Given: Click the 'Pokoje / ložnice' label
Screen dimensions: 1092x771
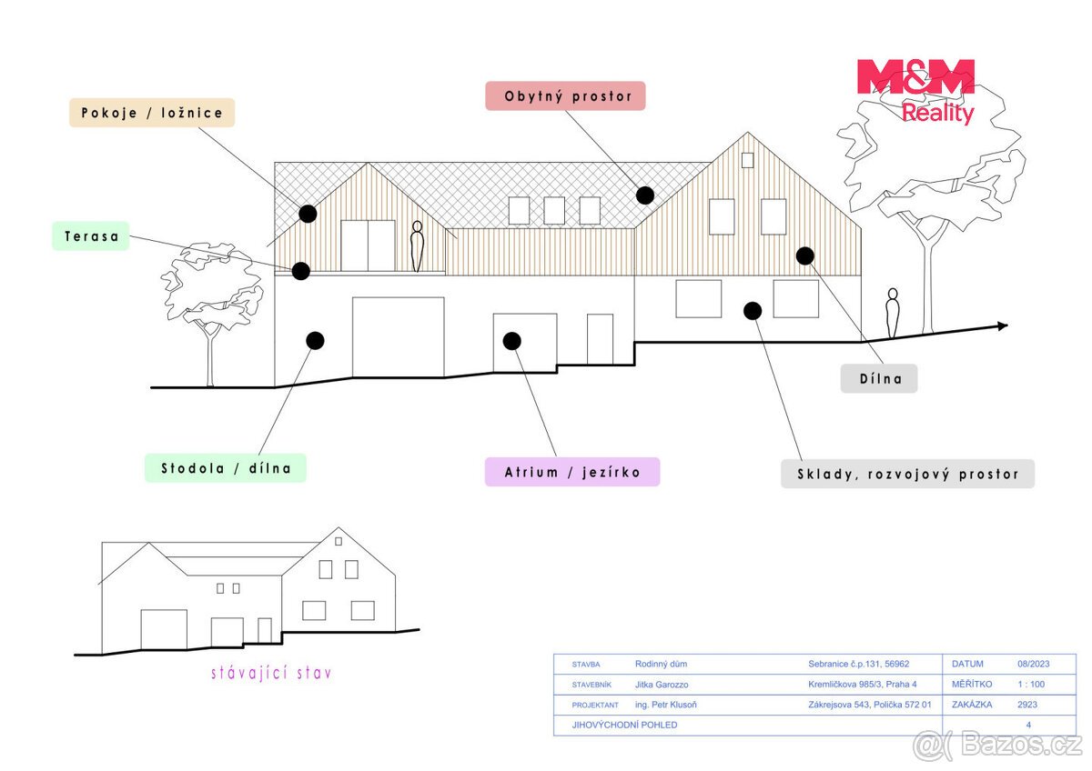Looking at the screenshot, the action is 152,113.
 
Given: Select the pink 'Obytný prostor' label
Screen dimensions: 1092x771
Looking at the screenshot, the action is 565,96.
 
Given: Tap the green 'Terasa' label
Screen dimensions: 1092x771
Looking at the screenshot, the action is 91,236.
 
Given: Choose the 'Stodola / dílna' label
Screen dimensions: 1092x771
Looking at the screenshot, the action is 226,468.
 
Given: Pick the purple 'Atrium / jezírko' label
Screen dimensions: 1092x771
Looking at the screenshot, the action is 572,472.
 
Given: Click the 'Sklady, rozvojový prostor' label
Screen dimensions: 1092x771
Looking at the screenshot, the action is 908,474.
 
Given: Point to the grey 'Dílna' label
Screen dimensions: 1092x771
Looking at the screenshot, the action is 879,378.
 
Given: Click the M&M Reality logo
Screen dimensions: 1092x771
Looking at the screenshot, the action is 916,92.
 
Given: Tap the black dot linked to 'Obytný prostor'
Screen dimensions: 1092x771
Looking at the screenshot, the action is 645,195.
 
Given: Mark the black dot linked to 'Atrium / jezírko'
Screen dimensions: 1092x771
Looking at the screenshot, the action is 511,341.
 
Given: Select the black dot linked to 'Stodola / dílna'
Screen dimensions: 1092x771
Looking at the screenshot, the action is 316,340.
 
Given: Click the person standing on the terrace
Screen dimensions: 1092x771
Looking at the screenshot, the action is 417,246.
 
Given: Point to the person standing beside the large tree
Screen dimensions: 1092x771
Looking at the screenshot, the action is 892,313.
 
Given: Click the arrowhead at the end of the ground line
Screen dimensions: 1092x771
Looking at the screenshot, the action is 1003,325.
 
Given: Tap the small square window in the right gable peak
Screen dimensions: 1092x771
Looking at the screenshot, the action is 747,160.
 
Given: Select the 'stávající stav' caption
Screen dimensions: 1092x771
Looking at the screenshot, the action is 271,673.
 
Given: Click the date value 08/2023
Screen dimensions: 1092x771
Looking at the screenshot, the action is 1034,664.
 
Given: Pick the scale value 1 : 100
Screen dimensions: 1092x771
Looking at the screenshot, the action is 1031,685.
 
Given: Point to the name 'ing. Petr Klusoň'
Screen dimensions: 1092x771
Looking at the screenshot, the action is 666,705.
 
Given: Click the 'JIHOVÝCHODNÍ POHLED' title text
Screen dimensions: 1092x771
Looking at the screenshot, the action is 624,725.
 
